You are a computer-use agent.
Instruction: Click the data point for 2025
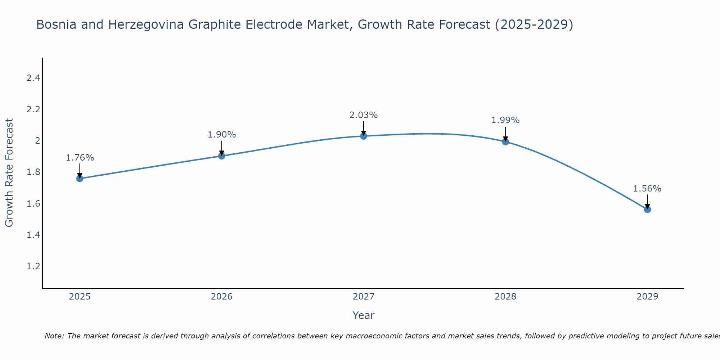[80, 179]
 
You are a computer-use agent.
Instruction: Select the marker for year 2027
[364, 136]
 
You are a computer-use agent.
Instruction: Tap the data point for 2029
[647, 210]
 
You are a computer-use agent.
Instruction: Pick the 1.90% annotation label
[222, 135]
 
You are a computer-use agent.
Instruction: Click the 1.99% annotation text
[505, 120]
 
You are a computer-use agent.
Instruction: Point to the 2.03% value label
[364, 115]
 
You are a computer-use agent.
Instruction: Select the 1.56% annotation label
[647, 189]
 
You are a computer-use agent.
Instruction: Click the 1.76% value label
[80, 158]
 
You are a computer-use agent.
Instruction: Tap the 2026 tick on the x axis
[222, 297]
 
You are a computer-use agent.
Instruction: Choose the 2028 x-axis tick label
[505, 297]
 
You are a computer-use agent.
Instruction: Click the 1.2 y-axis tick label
[33, 266]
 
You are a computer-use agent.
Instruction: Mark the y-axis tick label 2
[37, 141]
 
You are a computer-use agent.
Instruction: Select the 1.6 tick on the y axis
[33, 204]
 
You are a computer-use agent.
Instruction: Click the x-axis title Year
[364, 315]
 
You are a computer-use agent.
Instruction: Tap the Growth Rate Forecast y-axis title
[9, 173]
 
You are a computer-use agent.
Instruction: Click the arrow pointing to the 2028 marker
[505, 134]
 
